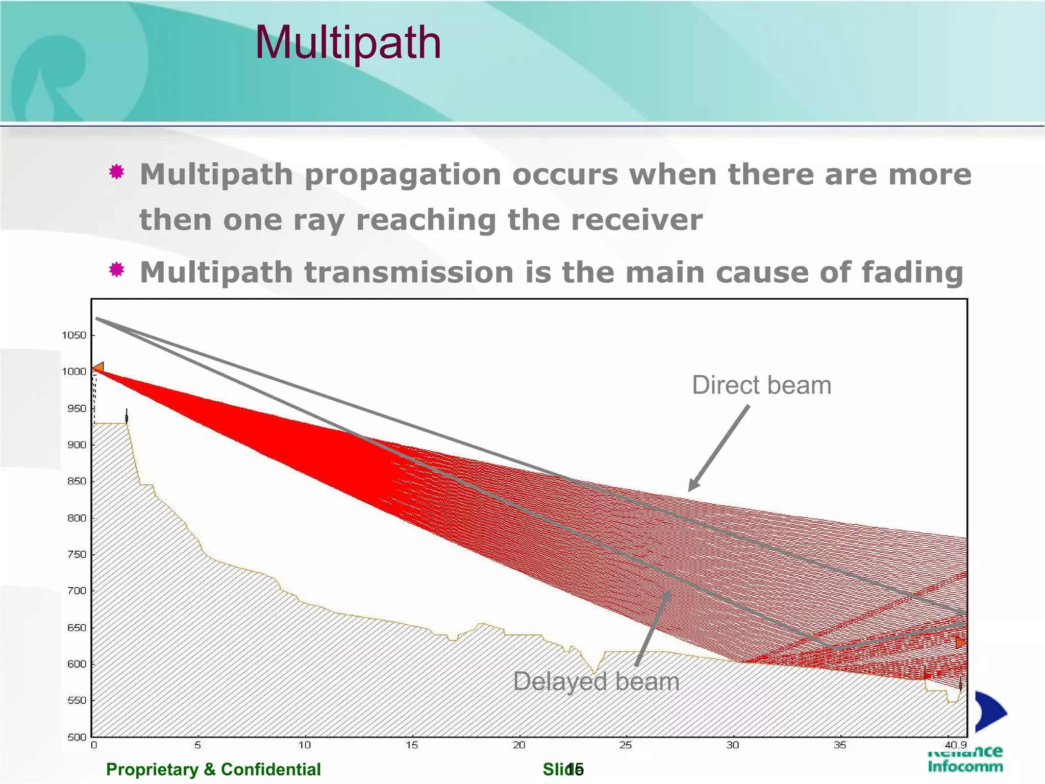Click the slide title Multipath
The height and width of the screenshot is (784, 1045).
tap(348, 43)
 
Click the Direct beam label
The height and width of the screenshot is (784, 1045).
tap(761, 385)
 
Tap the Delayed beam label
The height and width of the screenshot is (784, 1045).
tap(596, 681)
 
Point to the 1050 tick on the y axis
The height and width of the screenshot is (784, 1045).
tap(74, 335)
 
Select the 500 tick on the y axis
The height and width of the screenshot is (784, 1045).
tap(77, 737)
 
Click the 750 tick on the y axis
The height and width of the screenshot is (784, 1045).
tap(77, 554)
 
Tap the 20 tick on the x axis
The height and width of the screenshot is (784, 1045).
tap(519, 745)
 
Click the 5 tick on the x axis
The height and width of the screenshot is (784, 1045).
tap(197, 745)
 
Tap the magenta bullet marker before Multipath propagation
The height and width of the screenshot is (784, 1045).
tap(117, 172)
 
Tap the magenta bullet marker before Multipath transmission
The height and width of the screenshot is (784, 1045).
tap(117, 269)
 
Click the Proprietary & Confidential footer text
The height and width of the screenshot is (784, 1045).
tap(213, 769)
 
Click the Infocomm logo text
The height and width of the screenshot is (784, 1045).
tap(965, 766)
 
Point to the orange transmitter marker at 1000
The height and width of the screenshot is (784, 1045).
tap(98, 367)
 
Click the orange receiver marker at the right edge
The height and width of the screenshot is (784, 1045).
tap(961, 643)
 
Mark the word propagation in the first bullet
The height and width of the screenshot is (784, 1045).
tap(403, 175)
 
